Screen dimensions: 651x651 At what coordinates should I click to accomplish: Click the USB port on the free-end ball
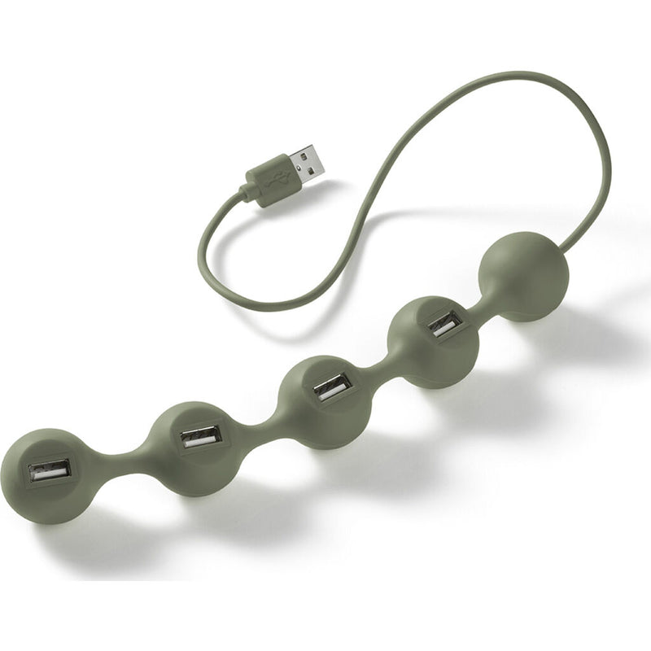pos(50,470)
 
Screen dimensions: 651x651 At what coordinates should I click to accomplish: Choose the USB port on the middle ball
pos(332,387)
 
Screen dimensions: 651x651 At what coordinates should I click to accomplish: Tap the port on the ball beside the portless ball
pos(445,323)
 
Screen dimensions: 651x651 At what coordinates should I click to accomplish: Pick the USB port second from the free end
pos(201,436)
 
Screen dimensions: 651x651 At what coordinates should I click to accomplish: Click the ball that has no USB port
pos(525,275)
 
